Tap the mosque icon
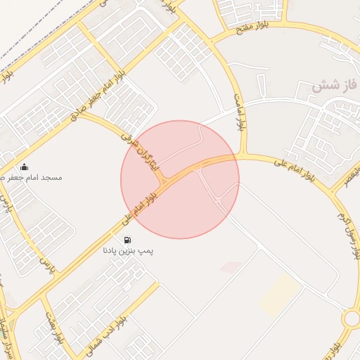pyautogui.click(x=25, y=167)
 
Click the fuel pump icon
pyautogui.click(x=127, y=240)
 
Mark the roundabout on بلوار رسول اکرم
pyautogui.click(x=351, y=319)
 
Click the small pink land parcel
pyautogui.click(x=231, y=266)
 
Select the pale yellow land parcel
pyautogui.click(x=279, y=294)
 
